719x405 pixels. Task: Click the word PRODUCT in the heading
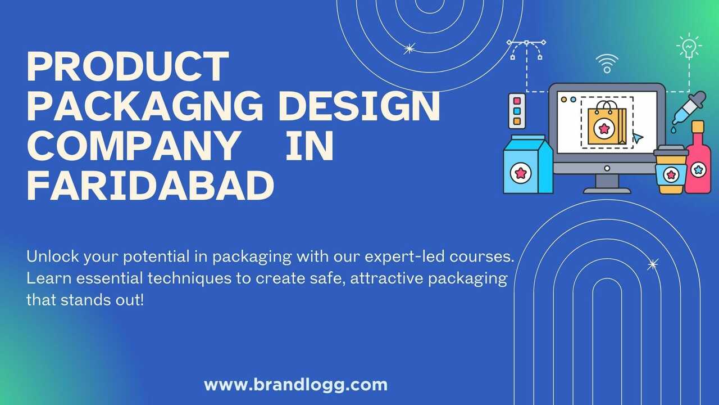coord(128,66)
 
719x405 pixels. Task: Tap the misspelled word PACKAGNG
coord(145,106)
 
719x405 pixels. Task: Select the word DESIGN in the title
coord(359,106)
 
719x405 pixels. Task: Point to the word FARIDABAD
coord(150,186)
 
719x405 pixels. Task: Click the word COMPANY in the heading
coord(134,146)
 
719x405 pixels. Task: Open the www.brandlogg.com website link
coord(295,385)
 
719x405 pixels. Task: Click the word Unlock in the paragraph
coord(52,256)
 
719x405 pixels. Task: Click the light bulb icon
coord(689,46)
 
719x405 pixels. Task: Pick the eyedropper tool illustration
coord(689,109)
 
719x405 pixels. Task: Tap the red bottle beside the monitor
coord(698,157)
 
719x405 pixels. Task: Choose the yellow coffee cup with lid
coord(671,169)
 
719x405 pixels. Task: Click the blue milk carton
coord(527,164)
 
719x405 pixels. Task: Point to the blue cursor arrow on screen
coord(638,138)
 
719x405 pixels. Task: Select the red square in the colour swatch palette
coord(517,101)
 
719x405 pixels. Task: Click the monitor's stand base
coord(607,191)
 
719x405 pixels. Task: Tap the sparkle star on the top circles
coord(409,49)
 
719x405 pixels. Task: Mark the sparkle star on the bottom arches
coord(653,264)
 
